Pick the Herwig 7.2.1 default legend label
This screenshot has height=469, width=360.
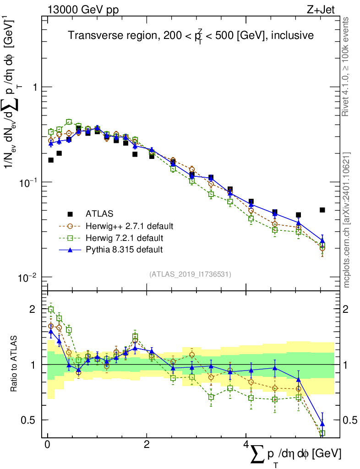[x=125, y=238]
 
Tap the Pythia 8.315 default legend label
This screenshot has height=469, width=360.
[x=124, y=250]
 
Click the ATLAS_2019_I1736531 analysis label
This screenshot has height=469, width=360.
[x=190, y=274]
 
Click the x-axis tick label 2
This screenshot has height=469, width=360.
[x=146, y=445]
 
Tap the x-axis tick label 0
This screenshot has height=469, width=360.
[x=47, y=445]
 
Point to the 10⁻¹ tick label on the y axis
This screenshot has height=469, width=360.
[x=29, y=182]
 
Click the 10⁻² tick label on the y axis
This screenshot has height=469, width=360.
[x=29, y=278]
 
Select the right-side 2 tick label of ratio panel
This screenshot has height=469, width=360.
[x=350, y=309]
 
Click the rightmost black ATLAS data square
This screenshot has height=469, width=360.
[x=322, y=210]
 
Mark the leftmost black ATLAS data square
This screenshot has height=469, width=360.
[x=51, y=160]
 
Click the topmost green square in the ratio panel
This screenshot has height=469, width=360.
[x=51, y=309]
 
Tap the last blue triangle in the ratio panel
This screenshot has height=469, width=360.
[x=322, y=424]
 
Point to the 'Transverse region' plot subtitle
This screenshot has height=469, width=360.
[x=191, y=35]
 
